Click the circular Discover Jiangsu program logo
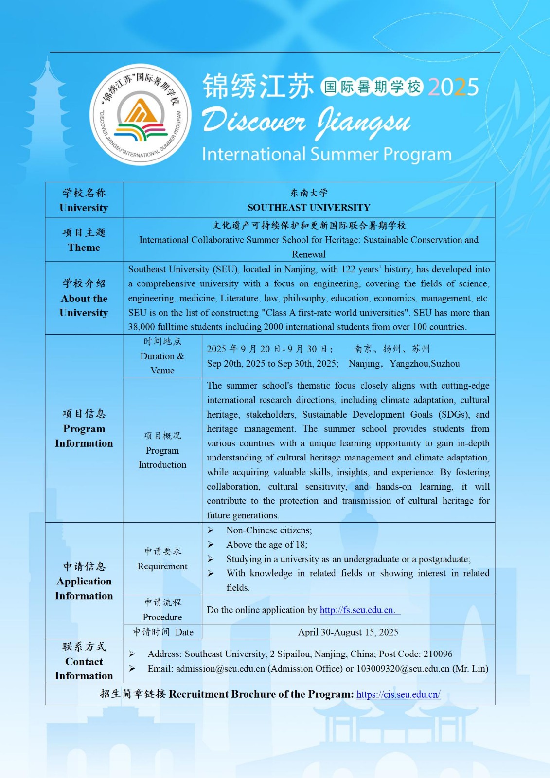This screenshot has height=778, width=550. pos(141,115)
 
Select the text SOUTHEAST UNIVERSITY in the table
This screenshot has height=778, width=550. pos(309,208)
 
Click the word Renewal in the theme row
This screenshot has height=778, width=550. pos(309,254)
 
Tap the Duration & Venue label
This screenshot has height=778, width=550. pos(162,356)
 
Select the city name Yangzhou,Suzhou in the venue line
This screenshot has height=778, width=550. pos(425,364)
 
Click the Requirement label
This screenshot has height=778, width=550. pos(162,566)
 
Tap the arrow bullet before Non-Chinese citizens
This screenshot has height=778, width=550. pos(211,530)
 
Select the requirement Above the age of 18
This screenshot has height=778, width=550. pos(266,545)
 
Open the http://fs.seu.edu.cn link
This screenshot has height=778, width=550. pos(357,610)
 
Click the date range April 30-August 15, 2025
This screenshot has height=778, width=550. pos(348,632)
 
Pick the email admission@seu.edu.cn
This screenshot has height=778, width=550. pos(220,669)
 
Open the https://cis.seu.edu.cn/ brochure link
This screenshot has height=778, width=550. pos(398,695)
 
